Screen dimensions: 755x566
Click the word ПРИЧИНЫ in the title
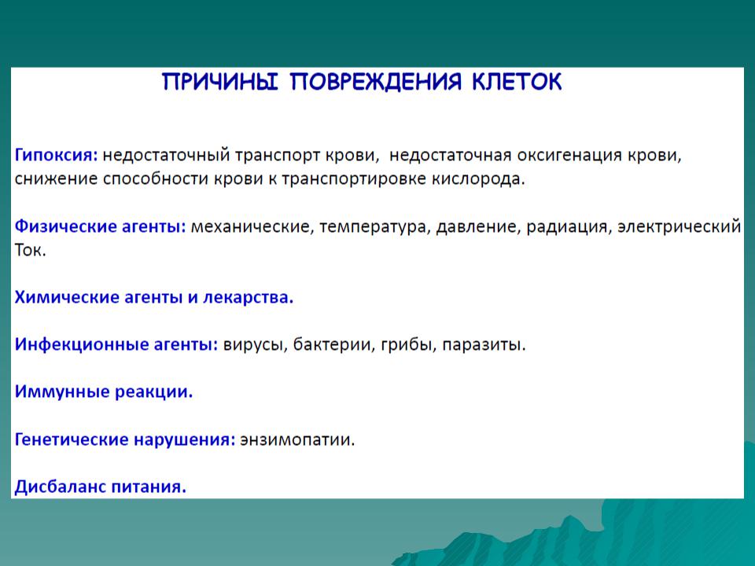point(220,82)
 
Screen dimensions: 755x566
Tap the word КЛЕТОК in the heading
point(517,82)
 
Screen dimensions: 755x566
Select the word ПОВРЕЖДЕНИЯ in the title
point(376,82)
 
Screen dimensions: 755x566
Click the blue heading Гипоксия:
point(57,156)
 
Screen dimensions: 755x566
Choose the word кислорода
point(477,179)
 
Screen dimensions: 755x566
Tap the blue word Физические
point(65,226)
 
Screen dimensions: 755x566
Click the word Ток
point(30,250)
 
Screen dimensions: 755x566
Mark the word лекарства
point(248,297)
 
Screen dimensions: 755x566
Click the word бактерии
point(333,344)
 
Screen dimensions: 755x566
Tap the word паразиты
point(484,344)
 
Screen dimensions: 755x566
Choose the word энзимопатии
point(297,439)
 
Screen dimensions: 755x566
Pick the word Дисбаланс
point(61,486)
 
